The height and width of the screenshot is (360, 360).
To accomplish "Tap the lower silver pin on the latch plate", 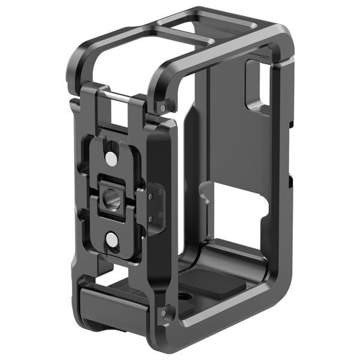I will (111, 241).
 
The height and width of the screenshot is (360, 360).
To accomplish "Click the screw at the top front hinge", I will (163, 108).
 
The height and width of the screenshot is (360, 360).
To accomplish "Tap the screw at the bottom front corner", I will (163, 313).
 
